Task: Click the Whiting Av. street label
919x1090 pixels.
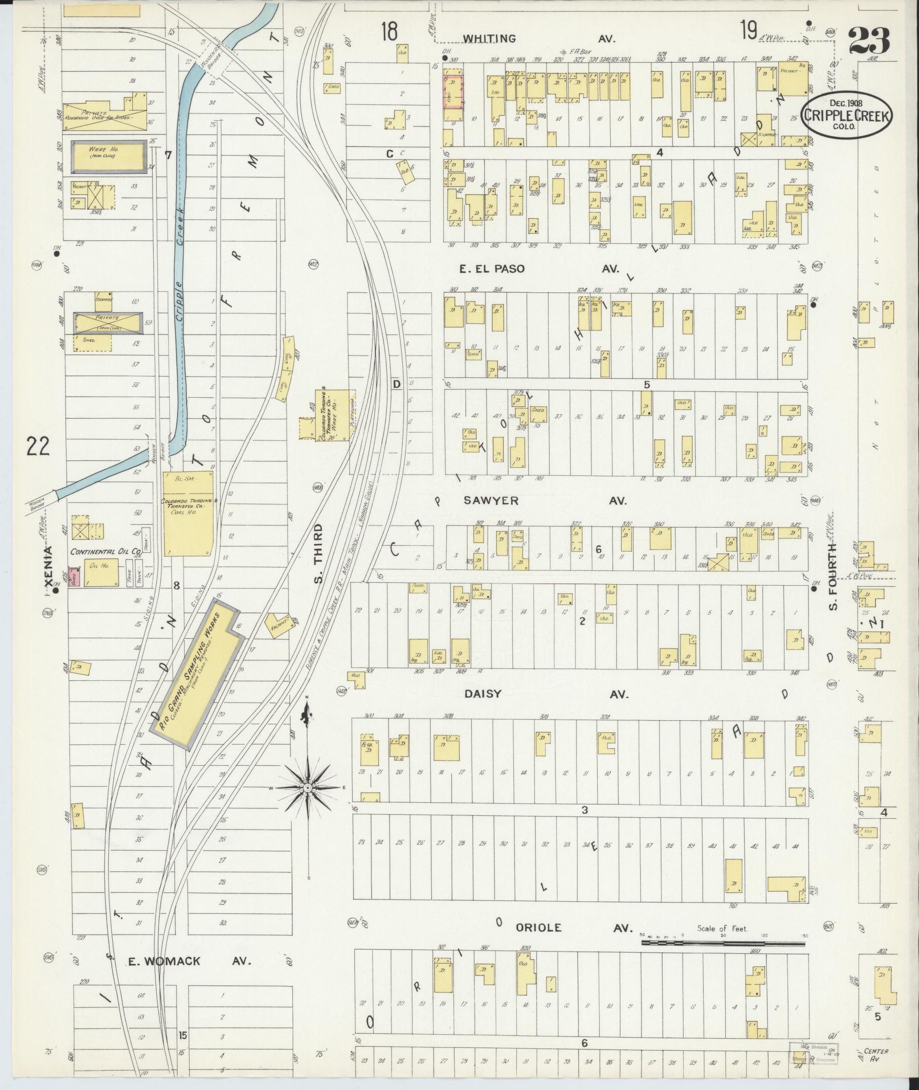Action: pos(538,39)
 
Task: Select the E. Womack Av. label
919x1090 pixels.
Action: pos(188,961)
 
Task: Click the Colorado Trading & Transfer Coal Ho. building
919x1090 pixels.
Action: pos(189,513)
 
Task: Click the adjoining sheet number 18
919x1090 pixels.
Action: pos(390,31)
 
